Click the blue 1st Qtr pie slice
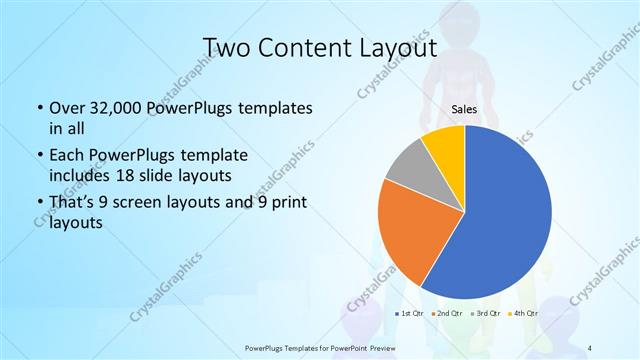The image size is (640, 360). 505,215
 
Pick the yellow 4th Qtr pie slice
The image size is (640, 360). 443,146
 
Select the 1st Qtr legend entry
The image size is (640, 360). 409,313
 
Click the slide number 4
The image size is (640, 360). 591,346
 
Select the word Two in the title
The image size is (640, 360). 229,47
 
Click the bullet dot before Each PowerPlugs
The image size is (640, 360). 38,157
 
